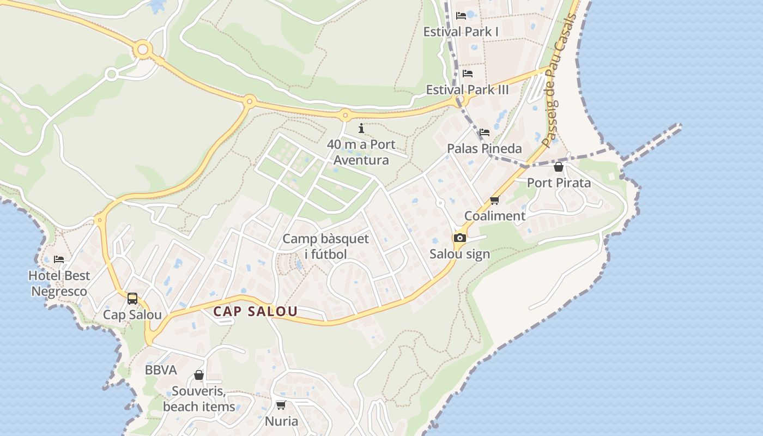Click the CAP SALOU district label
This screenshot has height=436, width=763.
(255, 311)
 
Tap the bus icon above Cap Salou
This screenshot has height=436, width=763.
(132, 299)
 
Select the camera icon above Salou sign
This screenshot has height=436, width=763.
(460, 238)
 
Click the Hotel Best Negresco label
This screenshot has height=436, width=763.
(59, 283)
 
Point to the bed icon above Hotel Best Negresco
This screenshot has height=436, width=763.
(59, 259)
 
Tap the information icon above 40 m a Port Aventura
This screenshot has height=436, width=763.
(361, 129)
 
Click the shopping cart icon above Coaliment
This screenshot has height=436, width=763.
(495, 201)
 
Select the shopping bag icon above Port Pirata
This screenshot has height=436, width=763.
(559, 167)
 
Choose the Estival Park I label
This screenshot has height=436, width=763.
(461, 32)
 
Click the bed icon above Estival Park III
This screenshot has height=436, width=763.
(468, 74)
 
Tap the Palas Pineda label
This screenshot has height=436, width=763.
(485, 148)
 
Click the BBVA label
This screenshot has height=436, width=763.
(161, 370)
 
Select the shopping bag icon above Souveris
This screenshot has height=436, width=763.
(199, 376)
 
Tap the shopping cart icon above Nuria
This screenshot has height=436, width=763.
(281, 405)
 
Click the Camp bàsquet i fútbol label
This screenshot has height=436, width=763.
(326, 246)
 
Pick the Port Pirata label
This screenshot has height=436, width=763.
(559, 183)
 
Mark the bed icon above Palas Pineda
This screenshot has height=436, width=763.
(485, 132)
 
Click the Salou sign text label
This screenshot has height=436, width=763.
(460, 254)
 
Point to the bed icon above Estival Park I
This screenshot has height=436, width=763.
(461, 16)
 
